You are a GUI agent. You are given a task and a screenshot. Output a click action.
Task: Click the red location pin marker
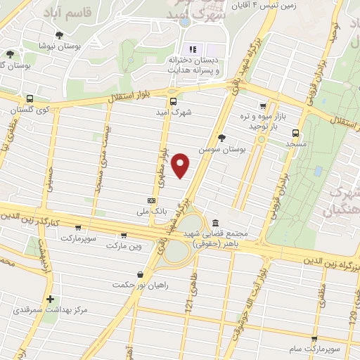(x=181, y=165)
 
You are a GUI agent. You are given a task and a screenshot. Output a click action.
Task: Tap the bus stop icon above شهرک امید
(x=173, y=99)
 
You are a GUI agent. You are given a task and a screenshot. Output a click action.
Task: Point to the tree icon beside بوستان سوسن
(x=222, y=139)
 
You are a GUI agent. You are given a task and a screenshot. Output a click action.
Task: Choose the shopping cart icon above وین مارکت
(x=124, y=236)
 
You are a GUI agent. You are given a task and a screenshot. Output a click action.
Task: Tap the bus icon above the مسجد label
(x=295, y=132)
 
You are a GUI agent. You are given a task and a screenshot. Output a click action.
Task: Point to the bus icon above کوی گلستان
(x=30, y=99)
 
